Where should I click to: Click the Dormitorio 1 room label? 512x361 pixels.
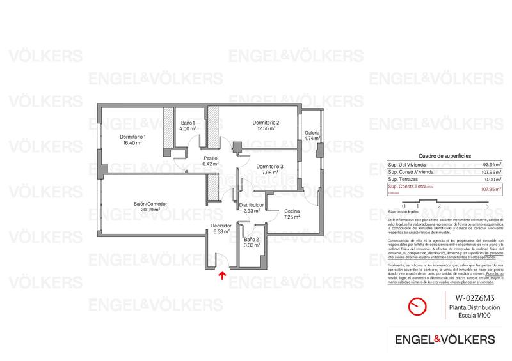[133, 137]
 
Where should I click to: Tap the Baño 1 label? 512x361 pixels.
[188, 123]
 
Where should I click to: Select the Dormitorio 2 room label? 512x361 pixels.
[266, 122]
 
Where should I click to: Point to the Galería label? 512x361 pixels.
[312, 133]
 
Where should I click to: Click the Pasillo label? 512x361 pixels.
[211, 158]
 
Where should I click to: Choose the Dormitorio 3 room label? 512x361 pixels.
[266, 166]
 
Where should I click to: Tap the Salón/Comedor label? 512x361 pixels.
[150, 204]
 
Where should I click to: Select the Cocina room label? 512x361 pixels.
[292, 211]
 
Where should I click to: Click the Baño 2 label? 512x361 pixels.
[252, 239]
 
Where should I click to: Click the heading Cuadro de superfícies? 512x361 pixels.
[444, 156]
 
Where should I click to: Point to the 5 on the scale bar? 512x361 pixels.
[487, 206]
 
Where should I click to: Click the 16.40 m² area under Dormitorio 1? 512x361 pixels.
[133, 143]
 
